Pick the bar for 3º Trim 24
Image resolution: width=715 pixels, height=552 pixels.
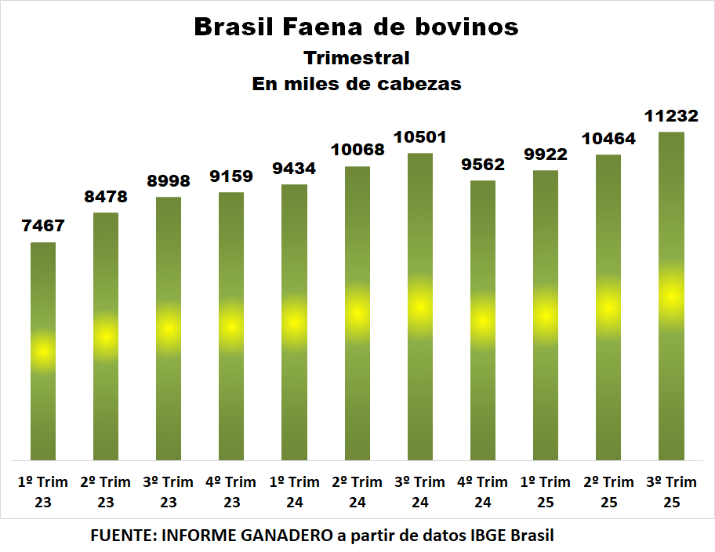click(x=420, y=306)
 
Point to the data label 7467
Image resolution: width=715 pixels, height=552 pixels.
click(x=43, y=227)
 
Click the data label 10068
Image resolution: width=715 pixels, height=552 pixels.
click(x=357, y=150)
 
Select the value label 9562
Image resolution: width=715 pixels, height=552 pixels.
click(x=483, y=165)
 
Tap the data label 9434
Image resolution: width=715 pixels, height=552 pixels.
click(x=294, y=169)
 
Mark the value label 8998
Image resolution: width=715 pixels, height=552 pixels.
click(x=169, y=181)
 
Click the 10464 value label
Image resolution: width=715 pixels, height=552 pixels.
click(x=608, y=139)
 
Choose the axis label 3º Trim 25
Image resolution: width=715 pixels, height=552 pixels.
click(x=671, y=492)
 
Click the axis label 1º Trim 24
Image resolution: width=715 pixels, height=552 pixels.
click(x=294, y=492)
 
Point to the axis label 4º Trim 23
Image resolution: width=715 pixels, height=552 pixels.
click(x=231, y=492)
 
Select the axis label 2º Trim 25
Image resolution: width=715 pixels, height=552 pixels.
click(x=608, y=492)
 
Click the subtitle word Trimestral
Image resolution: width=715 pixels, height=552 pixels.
click(x=357, y=58)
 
